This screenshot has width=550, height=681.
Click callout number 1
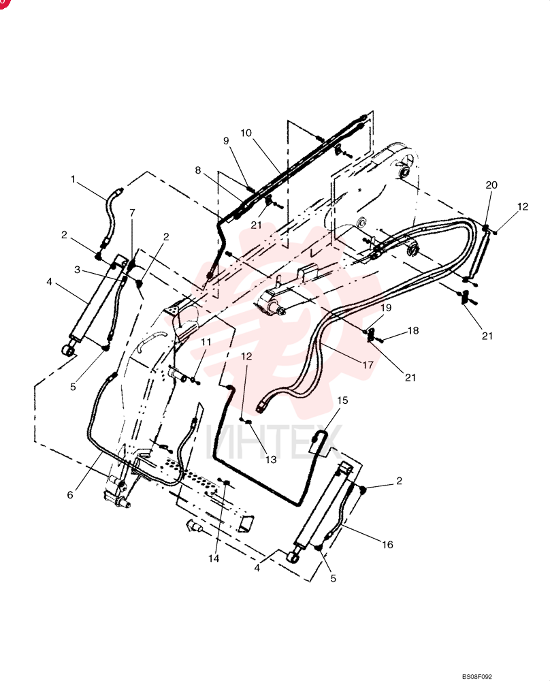[74, 179]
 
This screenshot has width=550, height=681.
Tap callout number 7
[133, 212]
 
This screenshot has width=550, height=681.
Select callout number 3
[78, 270]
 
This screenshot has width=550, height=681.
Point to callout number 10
[246, 133]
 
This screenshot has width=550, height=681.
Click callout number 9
[226, 140]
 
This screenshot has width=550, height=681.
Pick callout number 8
[198, 170]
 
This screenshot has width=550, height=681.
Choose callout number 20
[491, 185]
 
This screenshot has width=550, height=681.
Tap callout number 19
[386, 308]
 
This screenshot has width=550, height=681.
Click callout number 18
[413, 330]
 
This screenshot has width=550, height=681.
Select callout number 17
[368, 364]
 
